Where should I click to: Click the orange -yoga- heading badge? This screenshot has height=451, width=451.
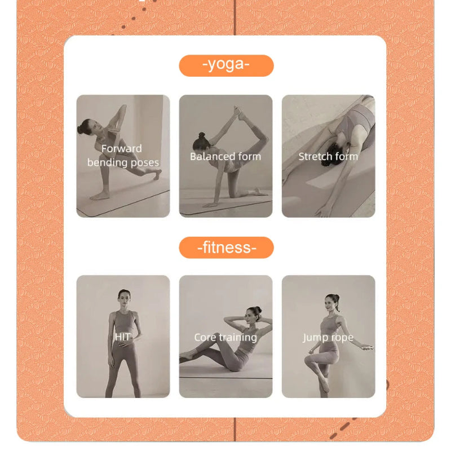click(x=226, y=65)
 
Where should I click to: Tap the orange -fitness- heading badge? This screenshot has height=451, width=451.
click(x=226, y=247)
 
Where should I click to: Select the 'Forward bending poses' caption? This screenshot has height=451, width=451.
click(x=123, y=156)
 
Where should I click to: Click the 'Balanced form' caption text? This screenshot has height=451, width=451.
click(x=225, y=156)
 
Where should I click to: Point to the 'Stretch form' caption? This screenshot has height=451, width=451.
click(x=328, y=156)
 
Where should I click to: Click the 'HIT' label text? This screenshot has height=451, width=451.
click(x=123, y=337)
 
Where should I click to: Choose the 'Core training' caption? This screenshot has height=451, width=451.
click(x=225, y=337)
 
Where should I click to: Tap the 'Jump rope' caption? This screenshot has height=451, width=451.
click(x=328, y=337)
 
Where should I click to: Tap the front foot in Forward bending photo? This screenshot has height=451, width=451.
click(x=100, y=196)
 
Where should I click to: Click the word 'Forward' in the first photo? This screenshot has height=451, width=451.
click(x=121, y=149)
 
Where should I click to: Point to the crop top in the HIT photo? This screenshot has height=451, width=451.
click(x=123, y=322)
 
